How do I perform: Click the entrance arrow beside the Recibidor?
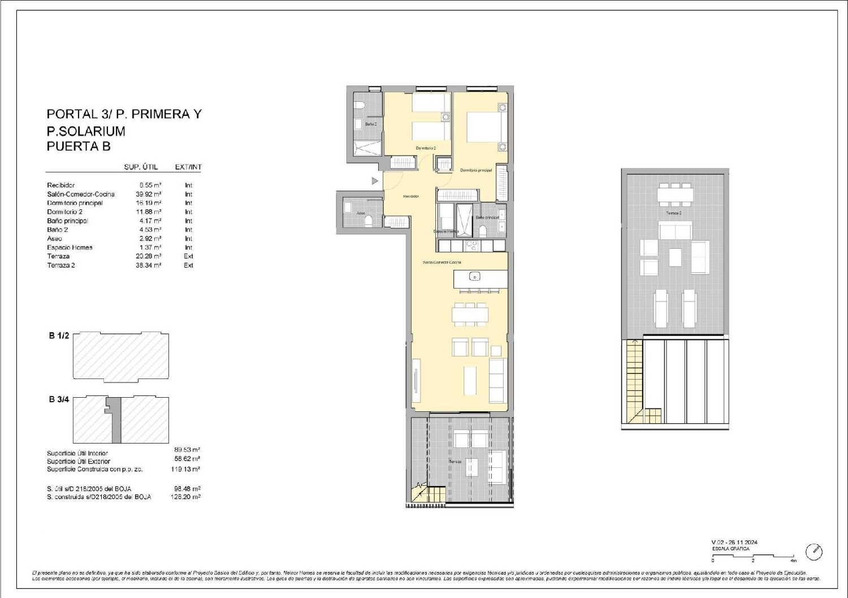(x=374, y=181)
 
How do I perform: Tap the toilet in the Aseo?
(x=369, y=220)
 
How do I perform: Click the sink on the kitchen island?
(x=475, y=277)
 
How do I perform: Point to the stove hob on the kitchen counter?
(x=471, y=246)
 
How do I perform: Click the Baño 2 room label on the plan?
(x=371, y=124)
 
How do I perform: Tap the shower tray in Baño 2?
(x=367, y=148)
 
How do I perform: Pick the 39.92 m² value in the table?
(x=148, y=194)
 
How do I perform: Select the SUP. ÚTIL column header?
(x=141, y=167)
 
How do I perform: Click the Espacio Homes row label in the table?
(x=70, y=247)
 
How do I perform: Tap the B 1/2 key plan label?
(x=59, y=335)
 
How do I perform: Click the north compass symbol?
(x=814, y=552)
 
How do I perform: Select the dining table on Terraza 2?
(x=675, y=195)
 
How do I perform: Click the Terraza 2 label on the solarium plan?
(x=673, y=213)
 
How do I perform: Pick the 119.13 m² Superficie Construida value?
(x=187, y=469)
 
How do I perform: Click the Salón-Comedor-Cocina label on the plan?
(x=442, y=263)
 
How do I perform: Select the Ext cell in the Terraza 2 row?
(x=188, y=265)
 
